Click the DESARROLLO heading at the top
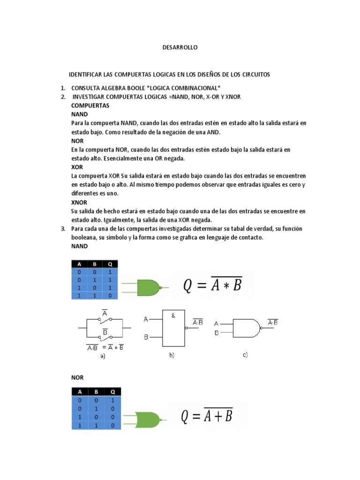pos(180,47)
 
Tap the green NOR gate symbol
pos(149,419)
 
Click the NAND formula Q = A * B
pos(212,285)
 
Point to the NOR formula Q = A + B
pos(207,415)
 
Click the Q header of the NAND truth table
pos(110,263)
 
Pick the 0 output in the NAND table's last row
pos(110,295)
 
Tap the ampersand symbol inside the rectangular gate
pos(173,315)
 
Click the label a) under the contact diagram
pos(103,356)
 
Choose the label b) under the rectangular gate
pos(172,356)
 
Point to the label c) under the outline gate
pos(245,355)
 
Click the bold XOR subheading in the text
pos(77,166)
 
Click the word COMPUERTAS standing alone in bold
pos(90,105)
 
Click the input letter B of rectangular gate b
pos(146,337)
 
